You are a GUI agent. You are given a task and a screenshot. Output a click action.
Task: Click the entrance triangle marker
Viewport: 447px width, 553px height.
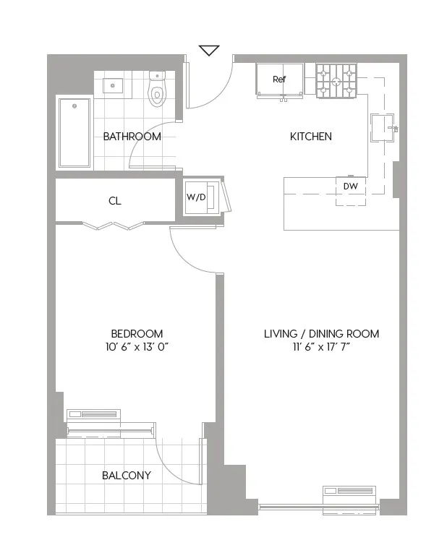(x=209, y=50)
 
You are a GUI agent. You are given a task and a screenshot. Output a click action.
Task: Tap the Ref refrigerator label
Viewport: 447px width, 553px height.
(x=279, y=80)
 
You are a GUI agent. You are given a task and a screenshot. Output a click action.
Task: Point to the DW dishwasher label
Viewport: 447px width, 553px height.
(x=351, y=187)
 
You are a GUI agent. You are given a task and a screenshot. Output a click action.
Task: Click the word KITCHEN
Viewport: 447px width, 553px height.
(x=310, y=137)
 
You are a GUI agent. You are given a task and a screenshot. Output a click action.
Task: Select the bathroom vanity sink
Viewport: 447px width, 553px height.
(x=112, y=86)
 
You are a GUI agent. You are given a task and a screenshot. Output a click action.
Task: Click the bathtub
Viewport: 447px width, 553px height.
(x=74, y=132)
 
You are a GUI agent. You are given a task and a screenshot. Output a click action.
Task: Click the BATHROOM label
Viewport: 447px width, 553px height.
(x=132, y=137)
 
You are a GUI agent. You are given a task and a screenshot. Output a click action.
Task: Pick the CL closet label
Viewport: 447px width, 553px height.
(x=115, y=201)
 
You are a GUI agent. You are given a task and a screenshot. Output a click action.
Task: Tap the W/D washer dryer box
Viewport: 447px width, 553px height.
(x=196, y=197)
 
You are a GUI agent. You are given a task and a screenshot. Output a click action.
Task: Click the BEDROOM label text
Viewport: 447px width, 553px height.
(x=137, y=333)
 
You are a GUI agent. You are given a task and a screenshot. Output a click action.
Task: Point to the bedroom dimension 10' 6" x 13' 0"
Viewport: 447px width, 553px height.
(x=137, y=347)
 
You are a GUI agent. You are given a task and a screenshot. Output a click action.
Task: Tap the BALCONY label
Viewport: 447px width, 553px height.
(x=127, y=475)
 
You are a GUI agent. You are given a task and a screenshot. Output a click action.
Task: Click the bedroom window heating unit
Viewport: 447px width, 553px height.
(x=93, y=415)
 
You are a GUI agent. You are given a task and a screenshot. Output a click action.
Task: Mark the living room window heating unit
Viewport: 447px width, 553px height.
(x=349, y=493)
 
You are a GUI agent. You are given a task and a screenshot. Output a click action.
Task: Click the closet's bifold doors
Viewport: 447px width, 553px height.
(x=115, y=226)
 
